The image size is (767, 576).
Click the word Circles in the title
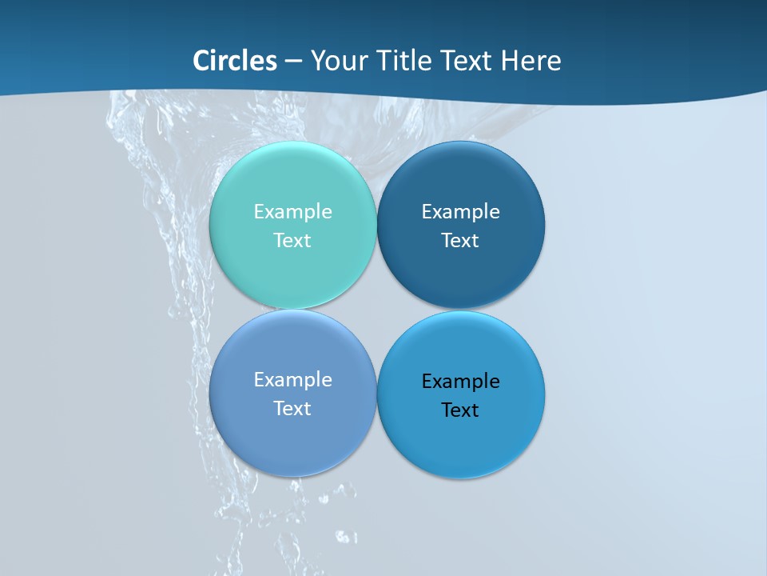(235, 61)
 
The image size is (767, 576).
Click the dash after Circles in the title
(293, 62)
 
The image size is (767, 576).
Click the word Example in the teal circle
(292, 212)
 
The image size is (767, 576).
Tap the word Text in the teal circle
(292, 241)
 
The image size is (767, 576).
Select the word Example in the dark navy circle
(460, 212)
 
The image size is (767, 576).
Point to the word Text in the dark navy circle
(460, 241)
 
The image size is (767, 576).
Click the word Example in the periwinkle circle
(292, 380)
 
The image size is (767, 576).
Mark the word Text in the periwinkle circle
(292, 409)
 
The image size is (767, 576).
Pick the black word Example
(460, 382)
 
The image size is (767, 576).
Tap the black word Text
(460, 410)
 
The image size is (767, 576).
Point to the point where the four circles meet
(376, 309)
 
